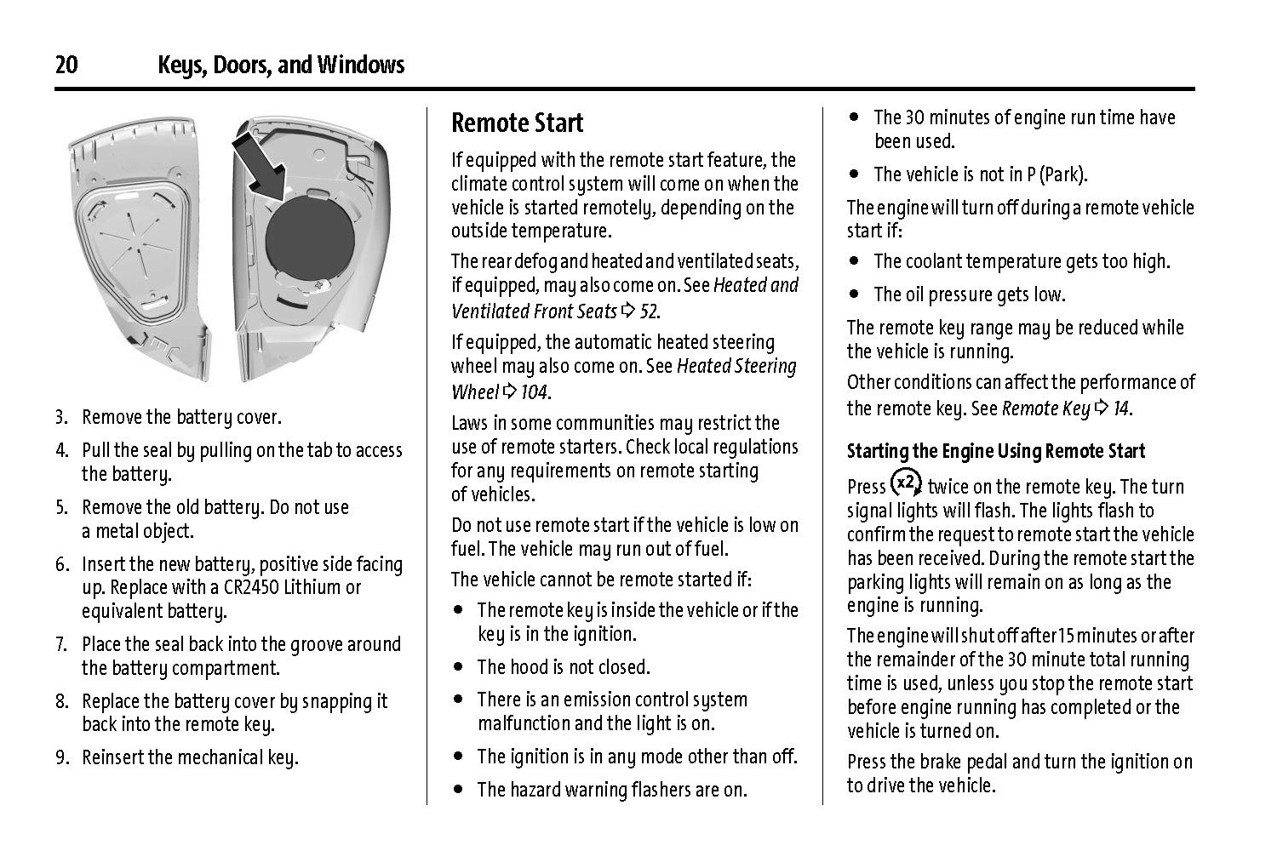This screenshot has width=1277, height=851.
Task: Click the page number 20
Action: (66, 66)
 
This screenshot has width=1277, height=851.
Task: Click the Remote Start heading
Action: (517, 123)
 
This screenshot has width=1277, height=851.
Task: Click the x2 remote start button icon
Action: (907, 483)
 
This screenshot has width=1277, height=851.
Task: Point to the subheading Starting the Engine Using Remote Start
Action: (995, 451)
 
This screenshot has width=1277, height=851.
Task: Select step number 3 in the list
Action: (61, 417)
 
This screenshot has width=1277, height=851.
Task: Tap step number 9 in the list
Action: (61, 757)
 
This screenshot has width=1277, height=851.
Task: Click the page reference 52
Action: (649, 311)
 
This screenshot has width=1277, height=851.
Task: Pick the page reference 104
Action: (535, 392)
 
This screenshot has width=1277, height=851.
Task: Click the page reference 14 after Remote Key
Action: (1121, 408)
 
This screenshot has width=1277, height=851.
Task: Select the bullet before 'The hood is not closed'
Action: (460, 667)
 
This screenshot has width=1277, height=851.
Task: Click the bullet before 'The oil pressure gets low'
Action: (855, 294)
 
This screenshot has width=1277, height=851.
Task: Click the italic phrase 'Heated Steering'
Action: (736, 367)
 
